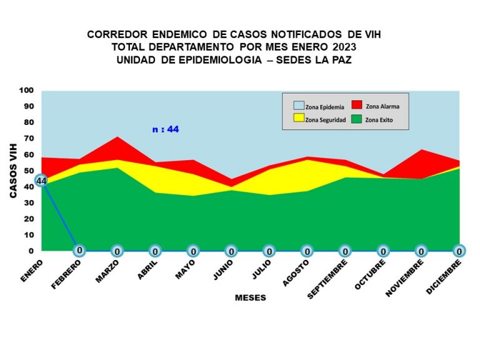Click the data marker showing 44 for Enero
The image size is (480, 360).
point(41,181)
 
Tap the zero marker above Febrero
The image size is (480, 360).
point(79,251)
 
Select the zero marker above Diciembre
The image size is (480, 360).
point(459,251)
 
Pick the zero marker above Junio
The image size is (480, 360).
point(231,251)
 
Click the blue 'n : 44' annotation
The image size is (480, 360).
point(166,129)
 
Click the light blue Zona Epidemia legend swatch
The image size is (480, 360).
point(299,106)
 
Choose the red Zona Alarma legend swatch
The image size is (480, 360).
point(357,105)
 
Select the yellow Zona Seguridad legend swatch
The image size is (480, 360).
point(299,118)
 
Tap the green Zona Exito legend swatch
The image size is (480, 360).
point(357,119)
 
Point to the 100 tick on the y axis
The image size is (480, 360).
point(26,90)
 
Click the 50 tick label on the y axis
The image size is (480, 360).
point(29,171)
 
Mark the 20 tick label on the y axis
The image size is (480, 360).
point(29,219)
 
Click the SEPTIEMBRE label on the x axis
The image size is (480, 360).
point(327,279)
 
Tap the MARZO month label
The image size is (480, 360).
point(107,271)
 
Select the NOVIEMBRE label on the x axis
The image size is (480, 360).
point(405,277)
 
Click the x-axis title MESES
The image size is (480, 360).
point(251,297)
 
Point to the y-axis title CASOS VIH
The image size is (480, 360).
point(13,171)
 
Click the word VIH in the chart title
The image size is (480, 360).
point(372,34)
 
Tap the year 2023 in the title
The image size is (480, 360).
point(344,47)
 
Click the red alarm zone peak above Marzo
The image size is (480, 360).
point(117,137)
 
